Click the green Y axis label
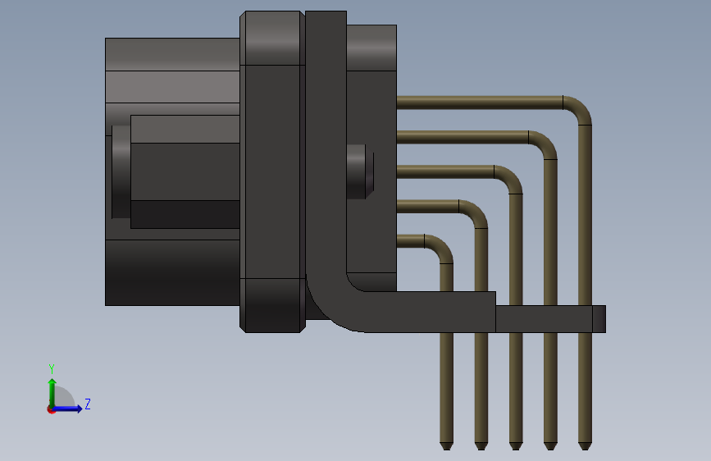click(52, 368)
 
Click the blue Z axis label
click(87, 404)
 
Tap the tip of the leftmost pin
click(446, 445)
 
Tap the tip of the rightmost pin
click(584, 445)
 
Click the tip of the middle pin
click(515, 445)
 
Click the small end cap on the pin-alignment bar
click(599, 319)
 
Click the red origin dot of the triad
click(51, 409)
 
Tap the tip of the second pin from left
click(481, 445)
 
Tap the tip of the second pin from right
click(549, 445)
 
